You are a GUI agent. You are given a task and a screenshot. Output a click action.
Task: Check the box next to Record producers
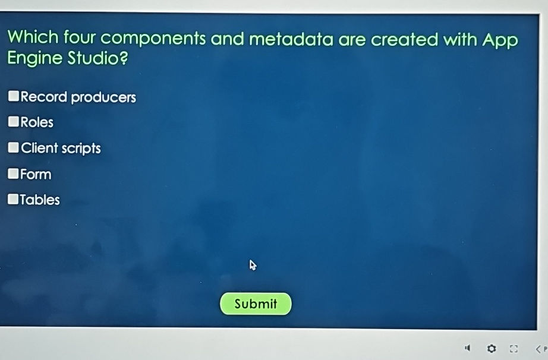[x=14, y=96]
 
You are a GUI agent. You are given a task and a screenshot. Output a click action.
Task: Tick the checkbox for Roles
[x=14, y=122]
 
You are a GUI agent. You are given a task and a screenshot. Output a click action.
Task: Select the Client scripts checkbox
[x=14, y=148]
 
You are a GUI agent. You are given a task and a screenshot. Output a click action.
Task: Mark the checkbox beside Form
[x=14, y=174]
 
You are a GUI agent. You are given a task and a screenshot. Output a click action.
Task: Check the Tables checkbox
[x=14, y=200]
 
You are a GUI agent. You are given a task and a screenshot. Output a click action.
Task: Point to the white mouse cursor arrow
[x=253, y=265]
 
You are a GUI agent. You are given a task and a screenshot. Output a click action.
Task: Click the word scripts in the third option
[x=81, y=149]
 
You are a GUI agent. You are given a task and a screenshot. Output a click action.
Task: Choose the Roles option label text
[x=37, y=122]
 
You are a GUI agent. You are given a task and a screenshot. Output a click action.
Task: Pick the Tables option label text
[x=40, y=200]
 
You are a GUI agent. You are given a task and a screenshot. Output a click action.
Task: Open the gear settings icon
[x=492, y=348]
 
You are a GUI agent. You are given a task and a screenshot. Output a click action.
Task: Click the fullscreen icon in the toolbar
[x=514, y=348]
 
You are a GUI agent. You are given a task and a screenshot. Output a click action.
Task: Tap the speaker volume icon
[x=468, y=348]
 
